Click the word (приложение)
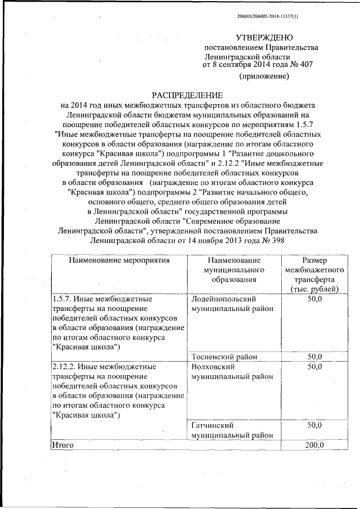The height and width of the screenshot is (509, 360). click(264, 76)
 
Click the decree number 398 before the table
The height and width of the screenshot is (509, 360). click(278, 241)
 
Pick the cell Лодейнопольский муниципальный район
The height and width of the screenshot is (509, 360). click(232, 304)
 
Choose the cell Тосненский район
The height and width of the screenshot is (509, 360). click(224, 357)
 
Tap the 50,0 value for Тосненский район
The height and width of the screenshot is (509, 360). click(314, 357)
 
